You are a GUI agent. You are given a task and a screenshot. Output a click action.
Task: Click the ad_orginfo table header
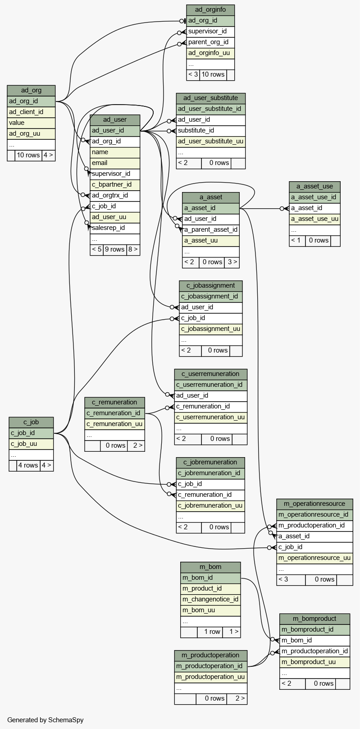(x=210, y=10)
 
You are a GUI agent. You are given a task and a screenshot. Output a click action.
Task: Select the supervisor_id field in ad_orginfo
(x=210, y=31)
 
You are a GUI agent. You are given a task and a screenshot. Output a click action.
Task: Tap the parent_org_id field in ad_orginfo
(x=210, y=42)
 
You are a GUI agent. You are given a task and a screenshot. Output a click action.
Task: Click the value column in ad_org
(x=31, y=123)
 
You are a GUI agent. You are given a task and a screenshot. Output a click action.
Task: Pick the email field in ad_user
(x=115, y=163)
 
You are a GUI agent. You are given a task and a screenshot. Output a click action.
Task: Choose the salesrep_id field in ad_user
(x=115, y=228)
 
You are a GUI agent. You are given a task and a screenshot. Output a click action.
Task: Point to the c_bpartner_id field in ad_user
(x=115, y=184)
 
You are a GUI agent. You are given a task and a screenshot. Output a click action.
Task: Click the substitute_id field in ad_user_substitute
(x=211, y=130)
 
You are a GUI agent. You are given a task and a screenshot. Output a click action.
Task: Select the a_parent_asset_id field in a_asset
(x=211, y=230)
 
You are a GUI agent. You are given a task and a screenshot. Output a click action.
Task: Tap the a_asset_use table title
(x=314, y=187)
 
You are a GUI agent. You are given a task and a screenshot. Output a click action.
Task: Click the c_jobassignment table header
(x=211, y=286)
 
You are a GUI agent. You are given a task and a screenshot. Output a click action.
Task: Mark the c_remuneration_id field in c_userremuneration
(x=211, y=407)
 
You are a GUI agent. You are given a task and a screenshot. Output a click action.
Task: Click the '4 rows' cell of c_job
(x=28, y=465)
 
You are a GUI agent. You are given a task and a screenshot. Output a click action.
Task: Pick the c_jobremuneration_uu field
(x=210, y=506)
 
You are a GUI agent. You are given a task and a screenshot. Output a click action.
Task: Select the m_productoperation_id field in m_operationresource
(x=314, y=526)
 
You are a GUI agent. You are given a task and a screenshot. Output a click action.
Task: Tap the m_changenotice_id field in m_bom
(x=210, y=600)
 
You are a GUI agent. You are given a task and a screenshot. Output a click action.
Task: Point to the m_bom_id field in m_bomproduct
(x=314, y=641)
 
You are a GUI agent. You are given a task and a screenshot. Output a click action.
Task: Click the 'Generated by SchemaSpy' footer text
(x=46, y=720)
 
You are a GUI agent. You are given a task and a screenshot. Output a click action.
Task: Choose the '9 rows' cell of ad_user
(x=115, y=250)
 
